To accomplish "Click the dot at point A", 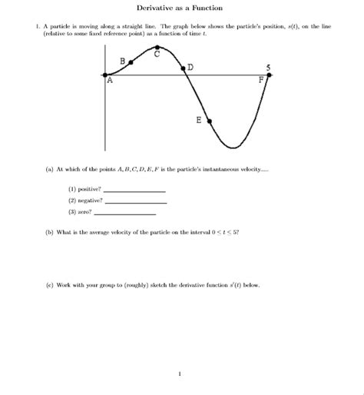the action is [x=105, y=75].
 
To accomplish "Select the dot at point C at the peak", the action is [x=157, y=46].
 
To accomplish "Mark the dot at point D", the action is [x=184, y=69].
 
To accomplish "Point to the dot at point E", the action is [x=209, y=121].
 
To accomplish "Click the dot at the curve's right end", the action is [x=269, y=75].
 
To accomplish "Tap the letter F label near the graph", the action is [x=261, y=80].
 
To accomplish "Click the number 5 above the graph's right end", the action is [x=269, y=66].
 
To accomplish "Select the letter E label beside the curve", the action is [x=199, y=121].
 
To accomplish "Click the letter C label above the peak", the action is [x=157, y=54].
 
